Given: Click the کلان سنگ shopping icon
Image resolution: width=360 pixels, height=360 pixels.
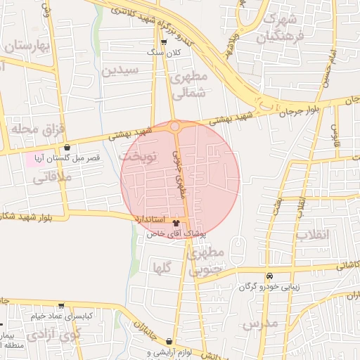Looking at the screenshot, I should [x=164, y=43].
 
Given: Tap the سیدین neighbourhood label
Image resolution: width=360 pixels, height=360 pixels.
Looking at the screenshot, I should [x=121, y=70].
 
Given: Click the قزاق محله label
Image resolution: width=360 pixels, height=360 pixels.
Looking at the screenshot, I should [x=37, y=129].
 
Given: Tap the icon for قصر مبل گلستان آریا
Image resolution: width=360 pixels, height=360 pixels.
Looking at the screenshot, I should [x=67, y=148].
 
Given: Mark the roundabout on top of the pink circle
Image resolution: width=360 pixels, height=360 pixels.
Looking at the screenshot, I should [x=174, y=127].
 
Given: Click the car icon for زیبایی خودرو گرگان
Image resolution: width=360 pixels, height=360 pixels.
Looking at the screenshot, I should [x=269, y=276].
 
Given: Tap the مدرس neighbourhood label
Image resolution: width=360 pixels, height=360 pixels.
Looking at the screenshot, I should [x=261, y=323].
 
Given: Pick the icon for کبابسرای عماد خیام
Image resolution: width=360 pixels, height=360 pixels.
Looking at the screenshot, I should [x=61, y=306].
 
